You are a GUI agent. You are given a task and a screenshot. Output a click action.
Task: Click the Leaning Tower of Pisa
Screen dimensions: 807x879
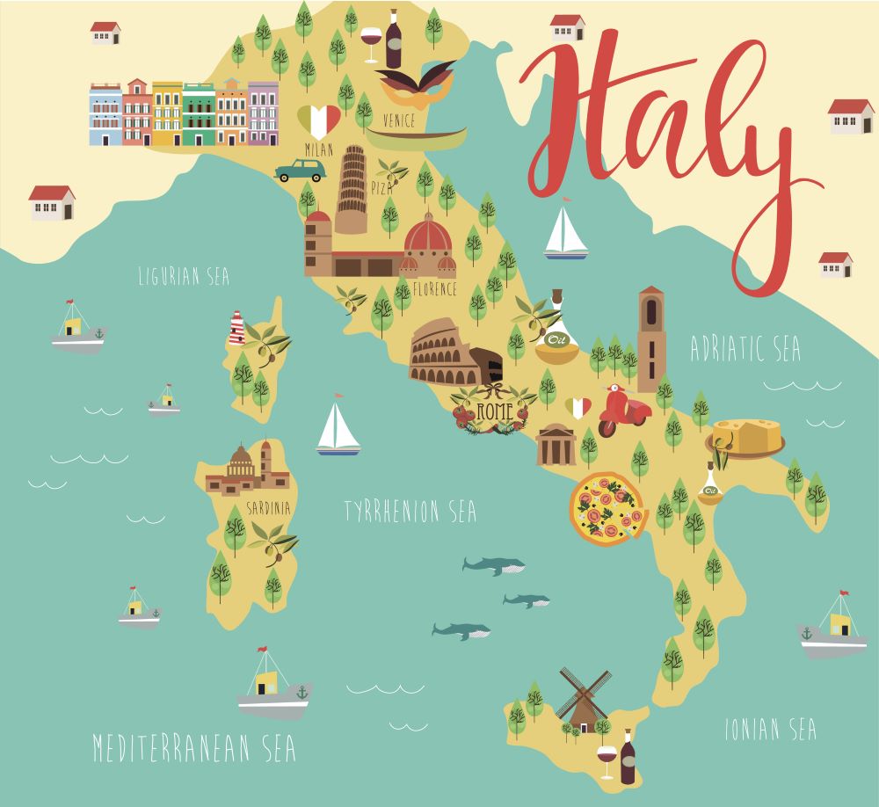(351, 190)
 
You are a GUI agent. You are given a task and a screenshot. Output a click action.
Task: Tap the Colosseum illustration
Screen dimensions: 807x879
(444, 353)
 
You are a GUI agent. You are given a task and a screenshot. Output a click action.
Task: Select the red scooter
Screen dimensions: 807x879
(622, 411)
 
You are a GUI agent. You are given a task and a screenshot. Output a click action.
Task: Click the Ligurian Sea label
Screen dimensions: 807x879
(184, 278)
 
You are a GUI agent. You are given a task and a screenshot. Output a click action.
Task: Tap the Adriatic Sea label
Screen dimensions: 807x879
(745, 349)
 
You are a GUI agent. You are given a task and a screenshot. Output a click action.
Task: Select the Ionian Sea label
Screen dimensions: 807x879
(770, 729)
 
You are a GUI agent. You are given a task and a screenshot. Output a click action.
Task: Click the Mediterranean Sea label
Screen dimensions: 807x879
(194, 748)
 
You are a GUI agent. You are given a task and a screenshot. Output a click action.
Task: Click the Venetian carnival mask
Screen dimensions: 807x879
(416, 85)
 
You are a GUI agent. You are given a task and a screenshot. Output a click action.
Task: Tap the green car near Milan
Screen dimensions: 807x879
(300, 170)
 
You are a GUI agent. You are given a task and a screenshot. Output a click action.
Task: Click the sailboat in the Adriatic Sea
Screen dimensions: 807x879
(564, 234)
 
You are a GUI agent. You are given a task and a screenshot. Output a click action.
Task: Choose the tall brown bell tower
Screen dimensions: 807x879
(651, 338)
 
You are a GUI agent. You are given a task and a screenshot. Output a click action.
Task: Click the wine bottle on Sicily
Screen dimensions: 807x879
(628, 757)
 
